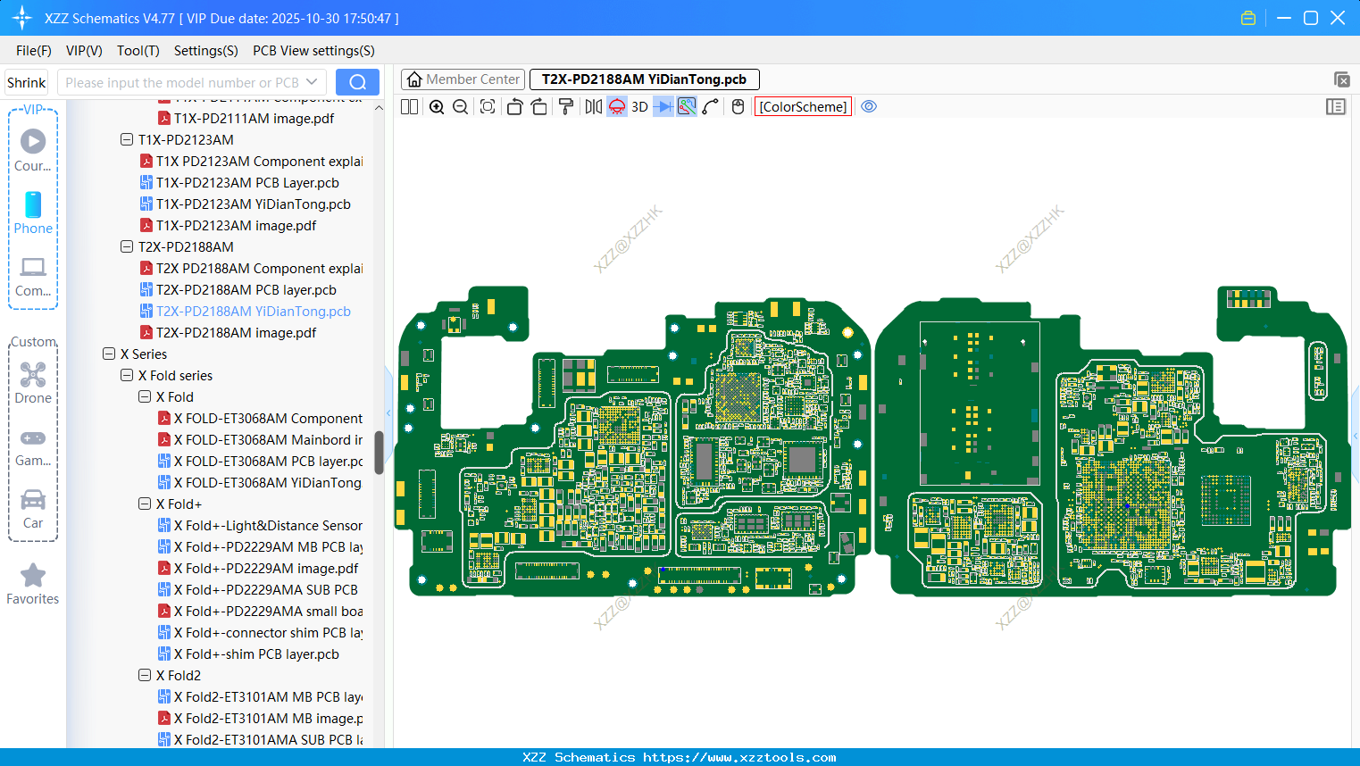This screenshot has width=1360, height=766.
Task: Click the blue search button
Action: [357, 82]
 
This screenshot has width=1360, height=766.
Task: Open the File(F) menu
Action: [34, 51]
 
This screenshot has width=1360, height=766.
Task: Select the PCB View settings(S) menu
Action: [313, 51]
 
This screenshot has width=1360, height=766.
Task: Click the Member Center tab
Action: [463, 79]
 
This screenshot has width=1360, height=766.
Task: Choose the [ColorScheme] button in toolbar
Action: [803, 107]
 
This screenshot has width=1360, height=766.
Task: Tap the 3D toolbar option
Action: [639, 107]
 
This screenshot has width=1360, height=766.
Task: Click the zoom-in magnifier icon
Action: [437, 107]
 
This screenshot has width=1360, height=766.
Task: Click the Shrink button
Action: [26, 83]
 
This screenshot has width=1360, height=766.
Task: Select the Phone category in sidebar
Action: [33, 212]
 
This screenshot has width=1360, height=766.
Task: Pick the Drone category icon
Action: [33, 382]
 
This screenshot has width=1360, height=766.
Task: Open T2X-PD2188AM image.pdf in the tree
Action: [236, 333]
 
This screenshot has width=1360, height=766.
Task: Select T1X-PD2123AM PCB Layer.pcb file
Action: [247, 183]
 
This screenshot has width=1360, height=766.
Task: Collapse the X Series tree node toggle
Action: [109, 354]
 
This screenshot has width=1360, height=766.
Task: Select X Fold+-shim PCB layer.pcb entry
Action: [256, 654]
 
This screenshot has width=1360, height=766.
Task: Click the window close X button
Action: [1338, 18]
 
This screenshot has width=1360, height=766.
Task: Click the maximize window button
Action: [1311, 18]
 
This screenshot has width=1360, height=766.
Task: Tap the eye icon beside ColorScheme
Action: [869, 107]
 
